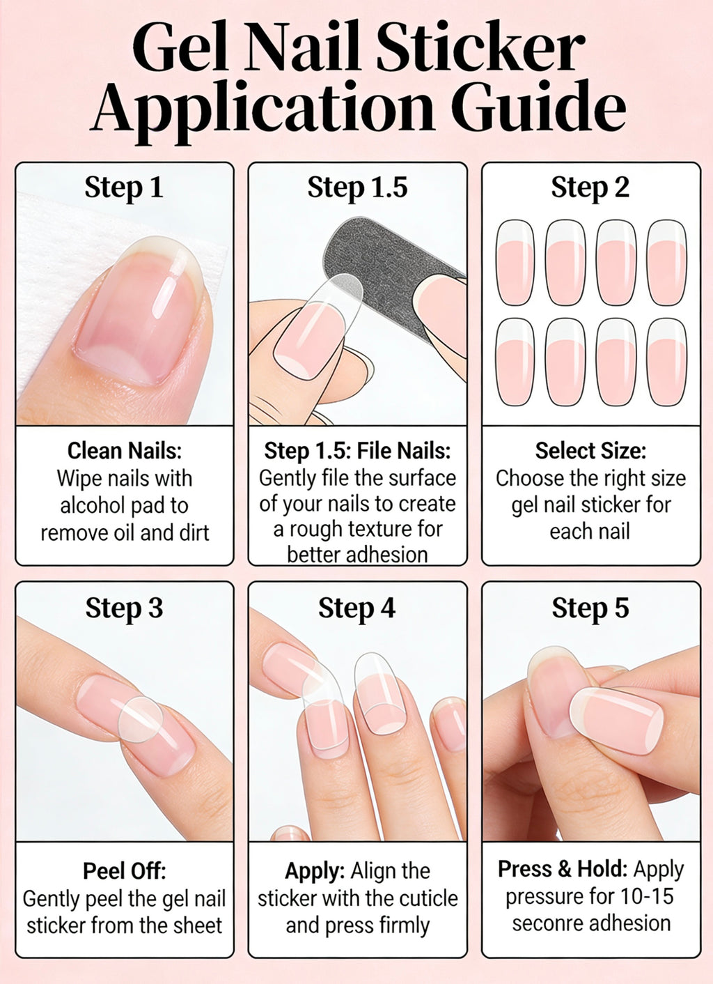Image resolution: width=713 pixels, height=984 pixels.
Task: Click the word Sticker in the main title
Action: tap(480, 47)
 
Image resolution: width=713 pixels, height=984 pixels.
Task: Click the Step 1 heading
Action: tap(124, 187)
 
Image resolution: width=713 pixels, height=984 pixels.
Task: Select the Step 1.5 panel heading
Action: tap(357, 187)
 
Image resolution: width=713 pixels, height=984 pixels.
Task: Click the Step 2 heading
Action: tap(590, 187)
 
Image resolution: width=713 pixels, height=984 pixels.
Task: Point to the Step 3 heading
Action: tap(124, 608)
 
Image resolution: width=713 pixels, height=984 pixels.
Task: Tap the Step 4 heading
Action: tap(356, 608)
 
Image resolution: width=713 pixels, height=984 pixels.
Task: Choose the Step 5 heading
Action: tap(590, 608)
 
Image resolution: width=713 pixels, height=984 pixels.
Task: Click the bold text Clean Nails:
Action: tap(124, 451)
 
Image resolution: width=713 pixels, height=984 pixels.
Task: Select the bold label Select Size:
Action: tap(590, 451)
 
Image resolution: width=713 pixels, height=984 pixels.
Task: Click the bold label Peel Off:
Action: tap(124, 871)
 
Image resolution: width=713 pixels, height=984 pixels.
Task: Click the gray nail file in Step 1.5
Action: tap(390, 279)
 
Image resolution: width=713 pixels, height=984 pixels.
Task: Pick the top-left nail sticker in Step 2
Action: tap(515, 263)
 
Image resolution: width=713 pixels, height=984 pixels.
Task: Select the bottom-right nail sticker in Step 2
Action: tap(666, 362)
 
